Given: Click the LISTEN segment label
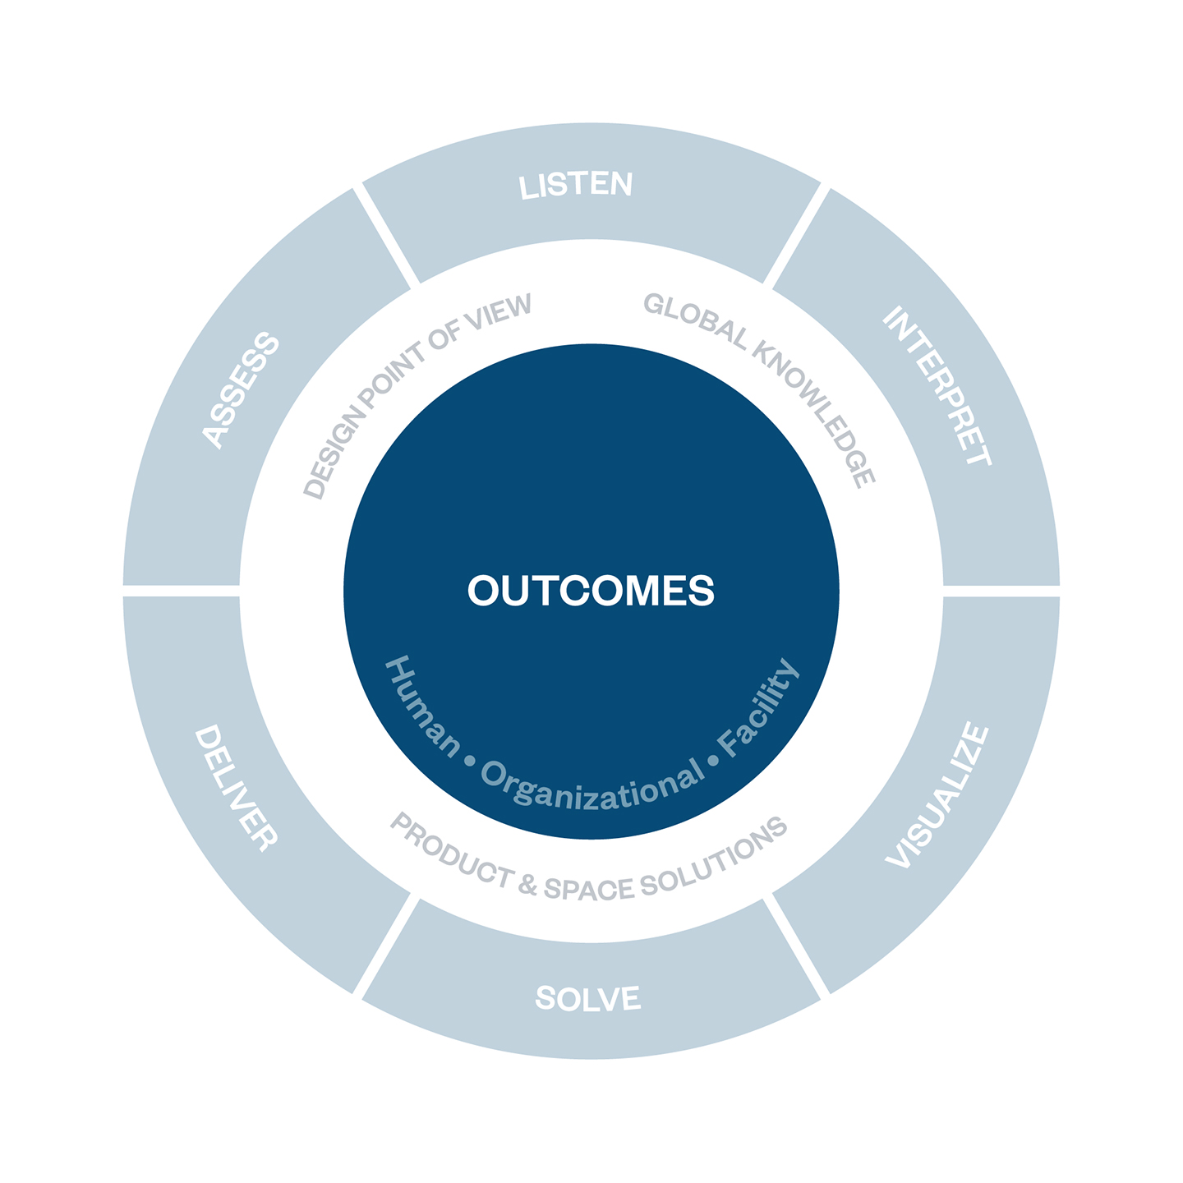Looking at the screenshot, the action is [575, 185].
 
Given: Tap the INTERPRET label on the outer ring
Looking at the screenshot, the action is [937, 385].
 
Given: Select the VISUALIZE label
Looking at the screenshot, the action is [937, 795].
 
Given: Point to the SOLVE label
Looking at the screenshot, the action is [588, 998].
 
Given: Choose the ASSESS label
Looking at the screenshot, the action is [241, 390].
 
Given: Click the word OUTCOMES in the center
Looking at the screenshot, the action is [591, 590].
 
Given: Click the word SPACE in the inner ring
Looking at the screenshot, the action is [589, 889].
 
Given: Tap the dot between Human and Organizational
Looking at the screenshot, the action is [470, 762].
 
